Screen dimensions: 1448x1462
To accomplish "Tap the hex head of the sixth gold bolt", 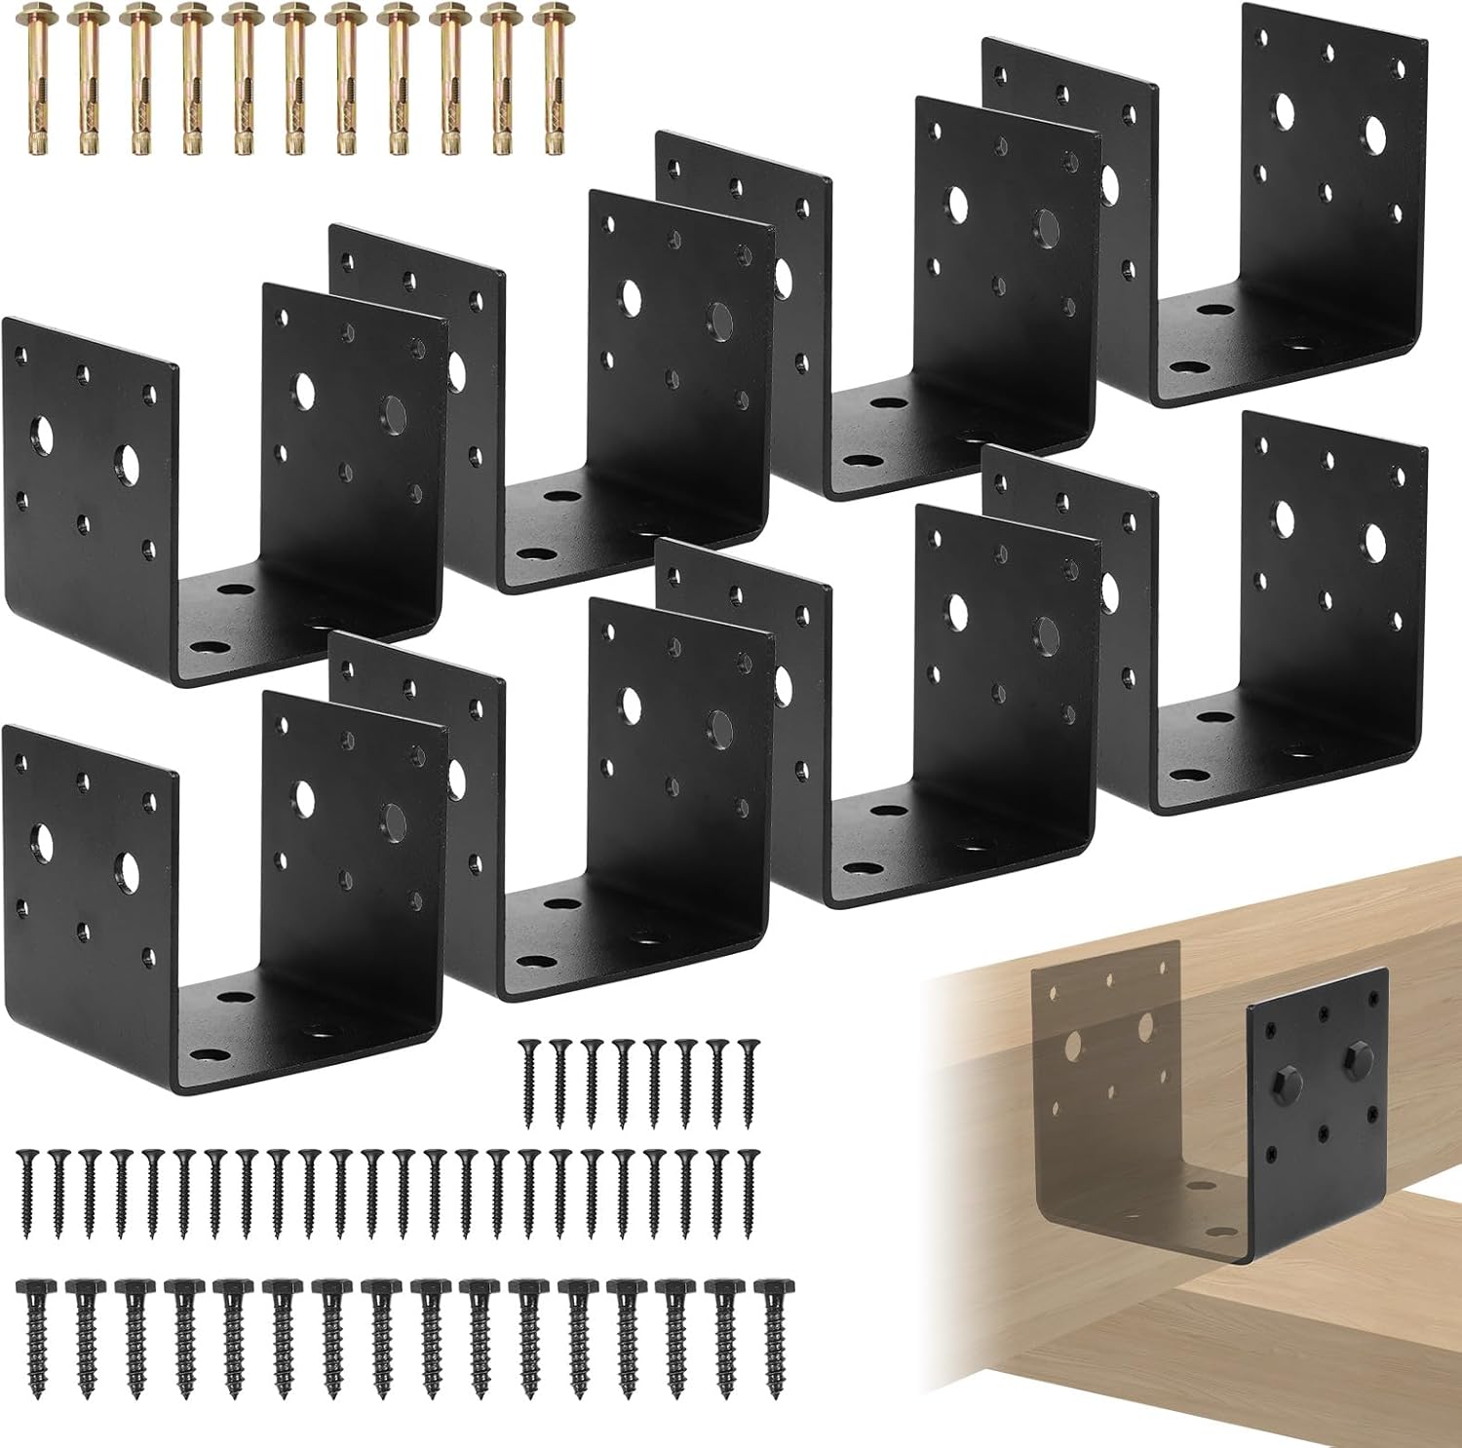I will pos(293,16).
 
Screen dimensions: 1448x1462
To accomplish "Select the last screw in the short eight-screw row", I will pos(749,1083).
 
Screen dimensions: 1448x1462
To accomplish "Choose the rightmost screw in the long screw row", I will pos(749,1191).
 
